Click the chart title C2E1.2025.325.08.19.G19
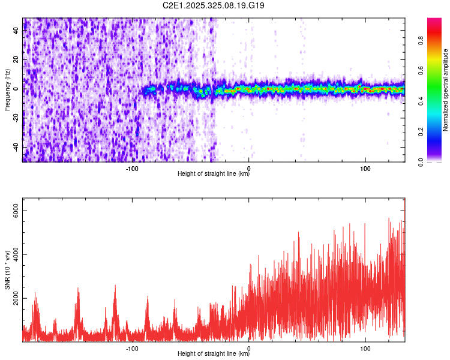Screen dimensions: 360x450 click(x=214, y=5)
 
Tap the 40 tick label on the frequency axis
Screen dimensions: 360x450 click(x=17, y=31)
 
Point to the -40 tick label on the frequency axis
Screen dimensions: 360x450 click(x=17, y=147)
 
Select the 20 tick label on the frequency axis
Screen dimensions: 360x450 click(x=17, y=60)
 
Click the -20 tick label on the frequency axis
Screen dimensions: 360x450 click(x=17, y=118)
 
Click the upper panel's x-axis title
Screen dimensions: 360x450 click(x=214, y=174)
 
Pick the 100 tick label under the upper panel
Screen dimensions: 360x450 click(x=365, y=168)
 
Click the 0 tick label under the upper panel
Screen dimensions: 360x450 click(x=248, y=168)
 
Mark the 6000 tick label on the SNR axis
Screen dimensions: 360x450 click(x=17, y=211)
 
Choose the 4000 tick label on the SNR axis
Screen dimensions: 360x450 click(x=17, y=254)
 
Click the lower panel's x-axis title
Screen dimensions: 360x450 click(x=214, y=354)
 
